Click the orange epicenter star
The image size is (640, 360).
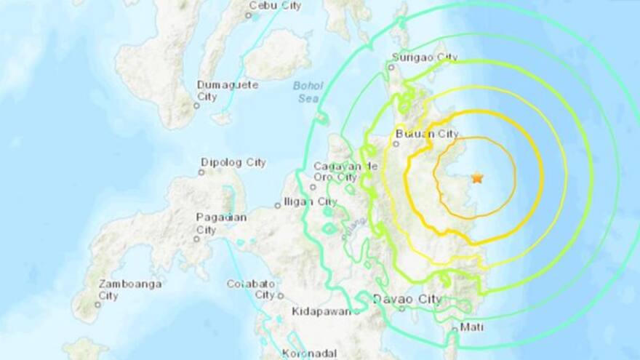[x=477, y=177]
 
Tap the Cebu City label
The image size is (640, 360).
[x=275, y=5]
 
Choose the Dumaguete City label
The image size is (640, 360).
[x=228, y=90]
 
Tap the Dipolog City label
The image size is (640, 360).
[x=233, y=162]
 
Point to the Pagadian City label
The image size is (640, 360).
[x=221, y=223]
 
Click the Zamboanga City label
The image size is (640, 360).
[x=131, y=289]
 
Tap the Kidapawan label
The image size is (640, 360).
[x=325, y=311]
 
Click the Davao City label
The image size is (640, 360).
[x=407, y=298]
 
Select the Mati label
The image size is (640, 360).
[x=471, y=327]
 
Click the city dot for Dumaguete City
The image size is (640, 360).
[x=196, y=105]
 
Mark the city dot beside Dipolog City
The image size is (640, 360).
[x=201, y=172]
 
